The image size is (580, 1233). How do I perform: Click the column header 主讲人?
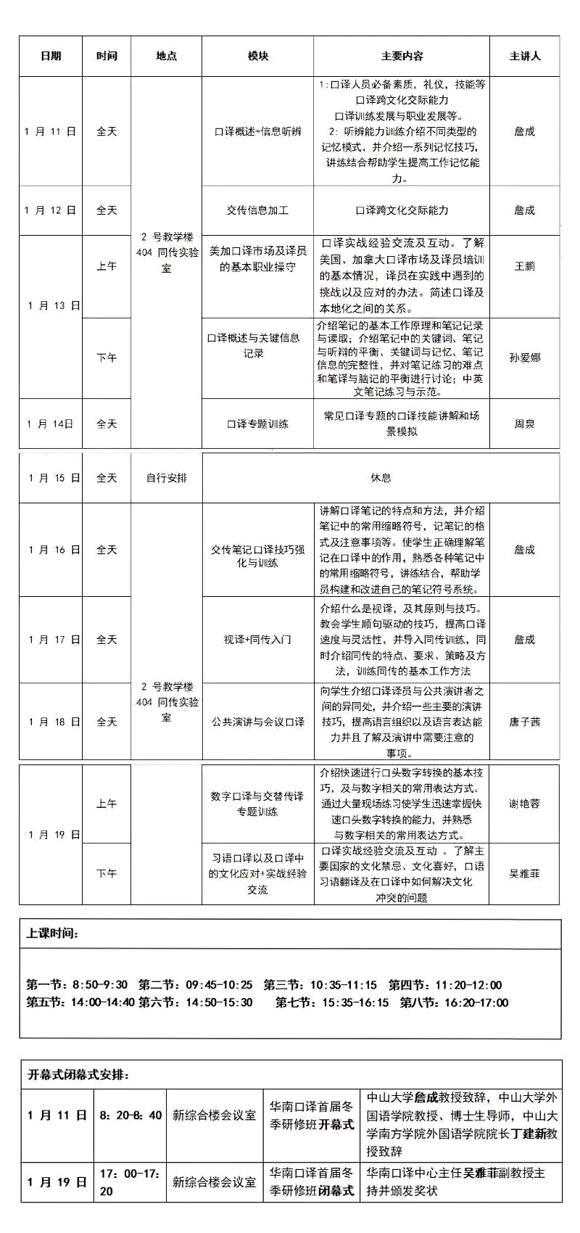click(x=524, y=56)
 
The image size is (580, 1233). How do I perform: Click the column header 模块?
click(x=257, y=56)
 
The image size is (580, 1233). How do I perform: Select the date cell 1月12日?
click(x=50, y=210)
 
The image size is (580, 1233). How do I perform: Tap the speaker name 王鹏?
click(x=524, y=266)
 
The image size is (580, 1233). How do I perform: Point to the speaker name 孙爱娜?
click(x=524, y=358)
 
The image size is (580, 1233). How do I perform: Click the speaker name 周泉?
click(x=524, y=424)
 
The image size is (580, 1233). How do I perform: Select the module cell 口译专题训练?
click(x=257, y=424)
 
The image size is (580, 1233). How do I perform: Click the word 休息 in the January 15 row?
click(x=381, y=477)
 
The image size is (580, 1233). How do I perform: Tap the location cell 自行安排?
click(x=166, y=478)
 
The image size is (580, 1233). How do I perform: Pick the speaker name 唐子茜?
click(x=524, y=722)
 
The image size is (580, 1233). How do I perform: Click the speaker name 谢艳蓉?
click(x=524, y=804)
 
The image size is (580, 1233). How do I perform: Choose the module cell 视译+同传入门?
click(x=257, y=640)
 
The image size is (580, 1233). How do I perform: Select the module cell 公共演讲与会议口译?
click(x=257, y=722)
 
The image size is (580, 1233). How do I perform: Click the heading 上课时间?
click(x=52, y=933)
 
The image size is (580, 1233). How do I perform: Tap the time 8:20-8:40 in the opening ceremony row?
click(x=130, y=1115)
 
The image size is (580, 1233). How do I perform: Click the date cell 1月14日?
click(x=50, y=424)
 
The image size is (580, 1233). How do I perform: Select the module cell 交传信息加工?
click(x=257, y=210)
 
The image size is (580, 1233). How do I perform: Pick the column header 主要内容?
click(x=402, y=56)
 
